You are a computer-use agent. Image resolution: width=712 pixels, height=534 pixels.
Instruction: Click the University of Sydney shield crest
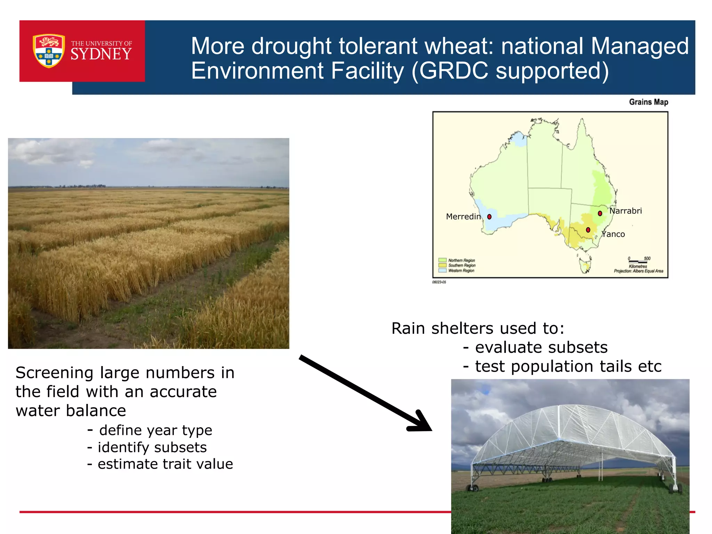[49, 51]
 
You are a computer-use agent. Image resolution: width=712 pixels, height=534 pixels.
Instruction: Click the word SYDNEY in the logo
[101, 54]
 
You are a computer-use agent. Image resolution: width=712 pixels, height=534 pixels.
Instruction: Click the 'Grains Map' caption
[648, 102]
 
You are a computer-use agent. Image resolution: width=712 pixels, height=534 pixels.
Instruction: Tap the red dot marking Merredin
[489, 217]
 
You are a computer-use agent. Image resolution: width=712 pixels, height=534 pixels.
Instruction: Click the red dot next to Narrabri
[600, 213]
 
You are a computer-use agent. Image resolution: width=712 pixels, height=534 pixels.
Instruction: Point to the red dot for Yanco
[588, 230]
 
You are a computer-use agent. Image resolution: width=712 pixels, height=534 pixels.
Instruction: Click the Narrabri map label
[625, 211]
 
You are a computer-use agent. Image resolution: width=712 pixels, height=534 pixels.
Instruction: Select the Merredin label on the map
[463, 217]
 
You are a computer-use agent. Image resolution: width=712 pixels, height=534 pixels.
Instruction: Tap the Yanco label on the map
[614, 234]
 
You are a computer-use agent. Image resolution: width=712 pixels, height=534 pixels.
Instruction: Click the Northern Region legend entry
[461, 260]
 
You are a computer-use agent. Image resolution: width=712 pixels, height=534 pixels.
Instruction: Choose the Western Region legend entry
[461, 270]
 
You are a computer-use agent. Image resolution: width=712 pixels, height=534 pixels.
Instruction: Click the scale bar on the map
[638, 261]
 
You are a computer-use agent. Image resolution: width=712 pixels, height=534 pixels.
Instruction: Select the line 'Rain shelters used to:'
[478, 328]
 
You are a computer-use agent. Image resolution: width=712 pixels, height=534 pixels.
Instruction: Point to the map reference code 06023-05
[439, 282]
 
